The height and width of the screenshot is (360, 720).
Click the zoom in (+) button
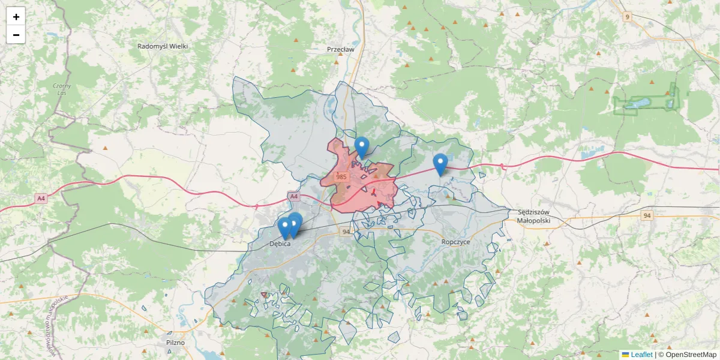pos(16,16)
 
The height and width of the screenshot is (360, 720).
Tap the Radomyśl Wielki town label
pos(163,46)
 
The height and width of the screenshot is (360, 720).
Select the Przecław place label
pos(340,50)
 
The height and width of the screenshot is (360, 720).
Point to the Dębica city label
pos(280,244)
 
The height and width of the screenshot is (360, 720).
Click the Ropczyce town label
pos(455,241)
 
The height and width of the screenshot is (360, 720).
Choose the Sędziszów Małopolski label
pos(533,216)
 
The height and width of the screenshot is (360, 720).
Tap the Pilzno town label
pos(175,343)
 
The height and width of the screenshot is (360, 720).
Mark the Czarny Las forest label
pos(62,89)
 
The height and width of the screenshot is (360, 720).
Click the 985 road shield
pos(341,177)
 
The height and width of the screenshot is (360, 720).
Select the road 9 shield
pos(627,16)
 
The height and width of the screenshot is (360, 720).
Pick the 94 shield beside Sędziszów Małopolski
pos(646,215)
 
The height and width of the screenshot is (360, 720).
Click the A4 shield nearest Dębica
pos(293,196)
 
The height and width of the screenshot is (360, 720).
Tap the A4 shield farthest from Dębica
pos(40,199)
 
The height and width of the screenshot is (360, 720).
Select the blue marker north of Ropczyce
pos(440,164)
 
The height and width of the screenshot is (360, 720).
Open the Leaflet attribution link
pos(641,355)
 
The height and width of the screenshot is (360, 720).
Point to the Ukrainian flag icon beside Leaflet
pos(625,355)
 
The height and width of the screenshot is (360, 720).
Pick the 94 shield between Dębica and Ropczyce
pos(346,232)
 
